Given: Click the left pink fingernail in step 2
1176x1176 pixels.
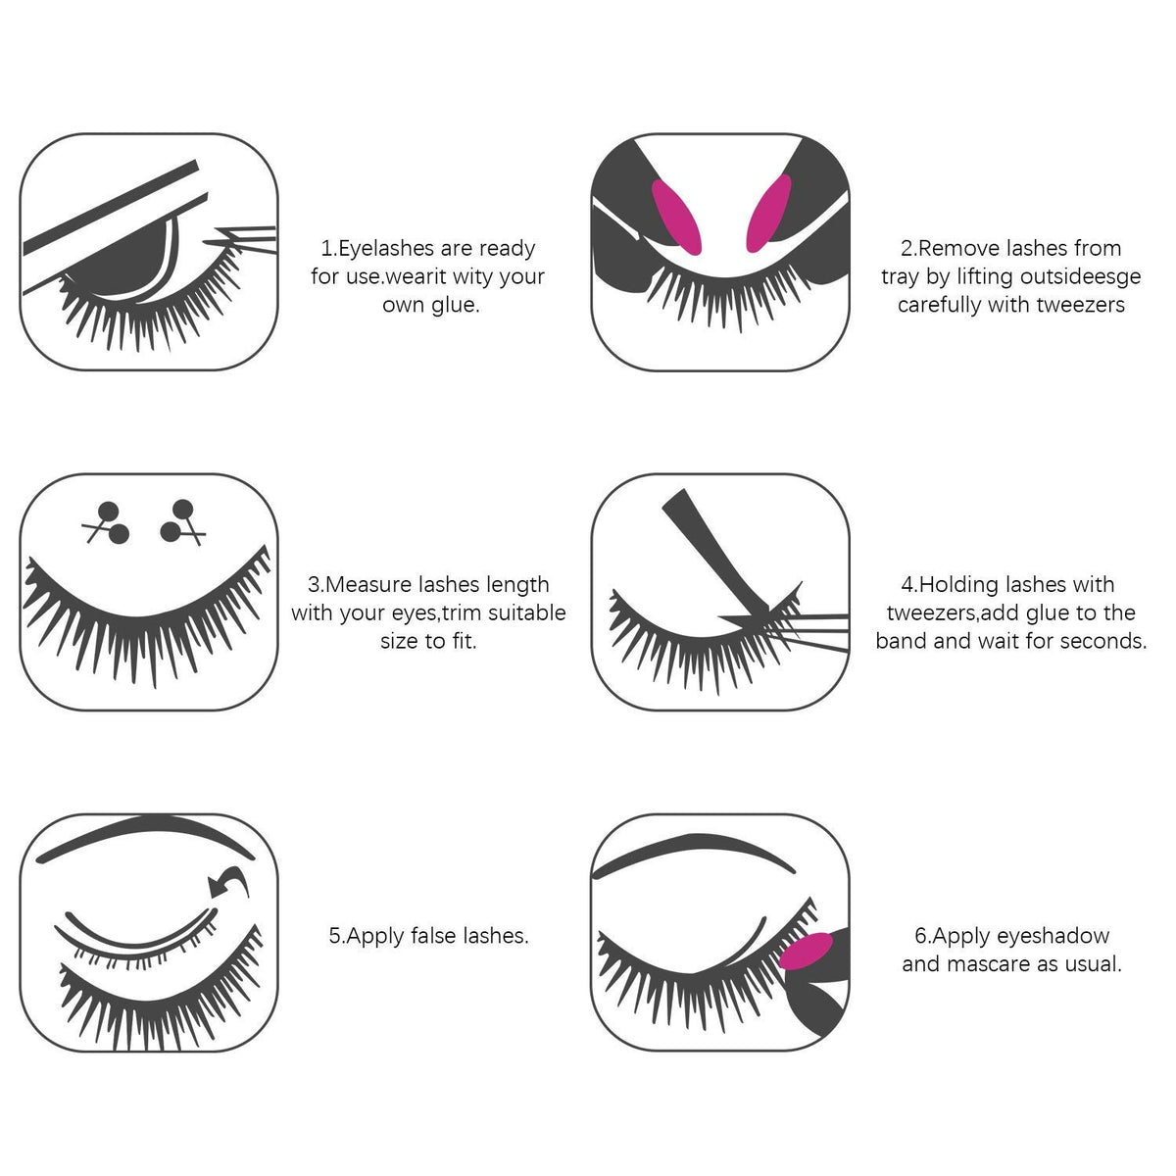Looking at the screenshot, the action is (x=676, y=217).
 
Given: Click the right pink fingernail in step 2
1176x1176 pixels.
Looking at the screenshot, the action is (x=769, y=213).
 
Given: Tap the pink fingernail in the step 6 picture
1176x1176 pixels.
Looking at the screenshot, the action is (x=806, y=952).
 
